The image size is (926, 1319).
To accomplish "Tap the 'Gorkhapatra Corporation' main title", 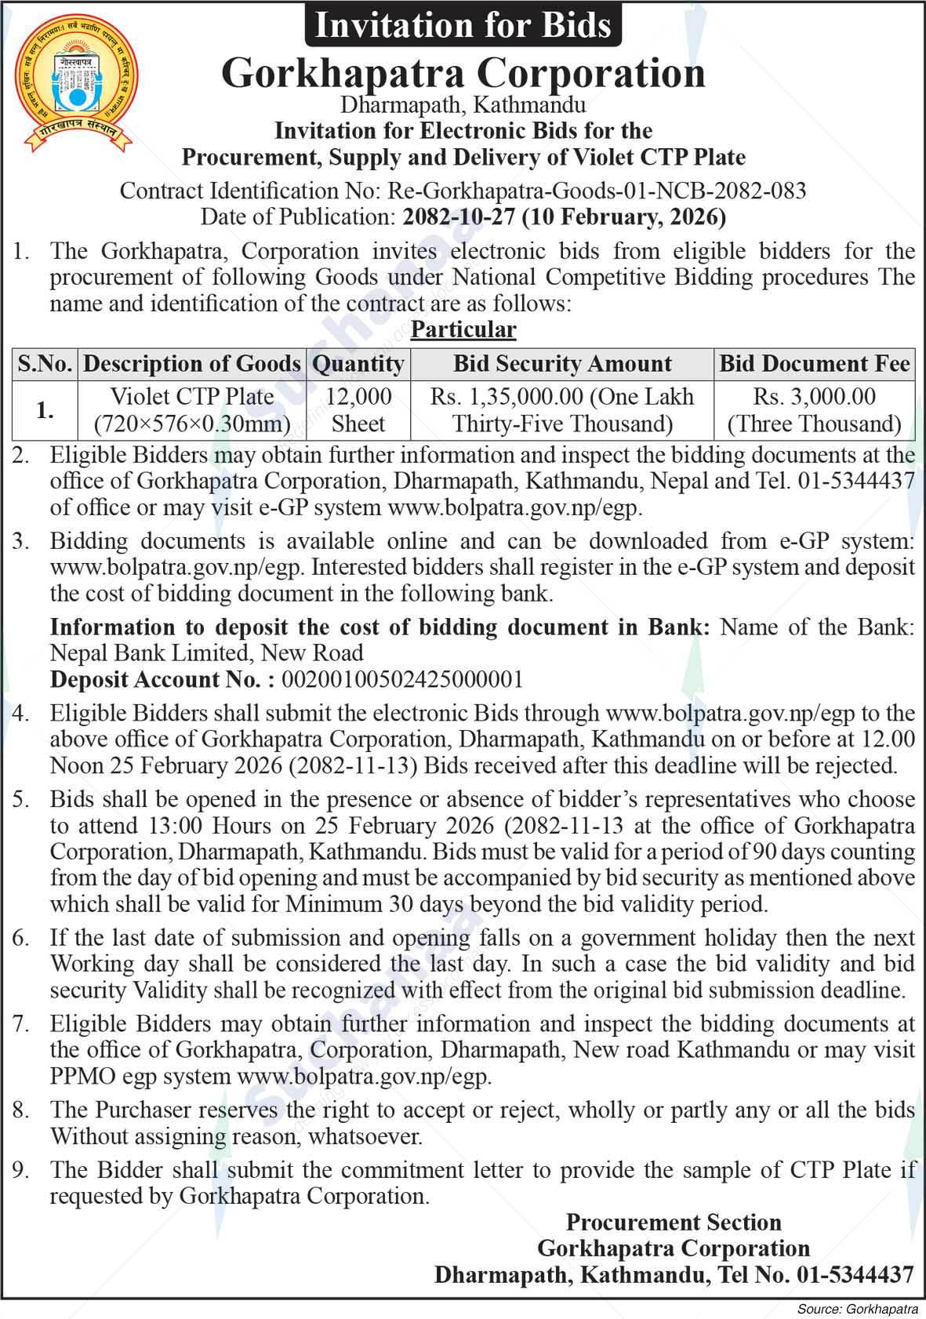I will point(463,73).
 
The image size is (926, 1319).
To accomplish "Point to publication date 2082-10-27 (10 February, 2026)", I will point(564,216).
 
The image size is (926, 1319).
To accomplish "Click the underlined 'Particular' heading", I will point(463,329).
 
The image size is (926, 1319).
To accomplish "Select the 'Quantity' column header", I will point(358,364).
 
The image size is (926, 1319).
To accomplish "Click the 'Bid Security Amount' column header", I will point(562,364).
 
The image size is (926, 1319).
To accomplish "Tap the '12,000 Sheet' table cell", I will point(358,409).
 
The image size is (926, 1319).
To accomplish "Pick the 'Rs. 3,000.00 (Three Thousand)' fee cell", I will point(815,409).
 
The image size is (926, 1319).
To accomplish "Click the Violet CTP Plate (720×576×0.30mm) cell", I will point(192,409).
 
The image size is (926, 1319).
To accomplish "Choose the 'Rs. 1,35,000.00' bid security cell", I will point(562,409).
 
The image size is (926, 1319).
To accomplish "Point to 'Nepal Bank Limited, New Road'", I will point(207,652).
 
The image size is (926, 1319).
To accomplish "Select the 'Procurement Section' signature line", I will point(674,1223).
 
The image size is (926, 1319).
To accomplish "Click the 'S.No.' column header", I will point(45,364).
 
